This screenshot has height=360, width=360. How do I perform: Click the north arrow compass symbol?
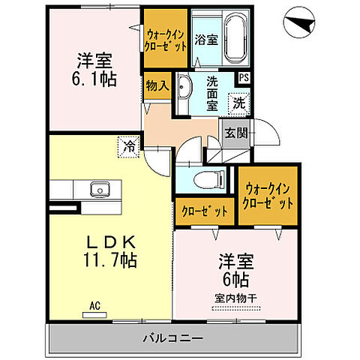[307, 27]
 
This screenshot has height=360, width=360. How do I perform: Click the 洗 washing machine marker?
[237, 101]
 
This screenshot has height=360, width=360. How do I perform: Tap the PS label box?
[244, 76]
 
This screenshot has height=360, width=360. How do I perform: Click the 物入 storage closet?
[157, 88]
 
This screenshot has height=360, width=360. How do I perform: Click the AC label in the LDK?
[94, 306]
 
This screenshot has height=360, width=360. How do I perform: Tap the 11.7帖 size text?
[109, 259]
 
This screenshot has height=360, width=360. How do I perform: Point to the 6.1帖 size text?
[93, 77]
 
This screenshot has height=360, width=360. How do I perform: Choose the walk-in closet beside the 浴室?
[165, 39]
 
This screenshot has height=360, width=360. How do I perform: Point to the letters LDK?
[109, 241]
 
